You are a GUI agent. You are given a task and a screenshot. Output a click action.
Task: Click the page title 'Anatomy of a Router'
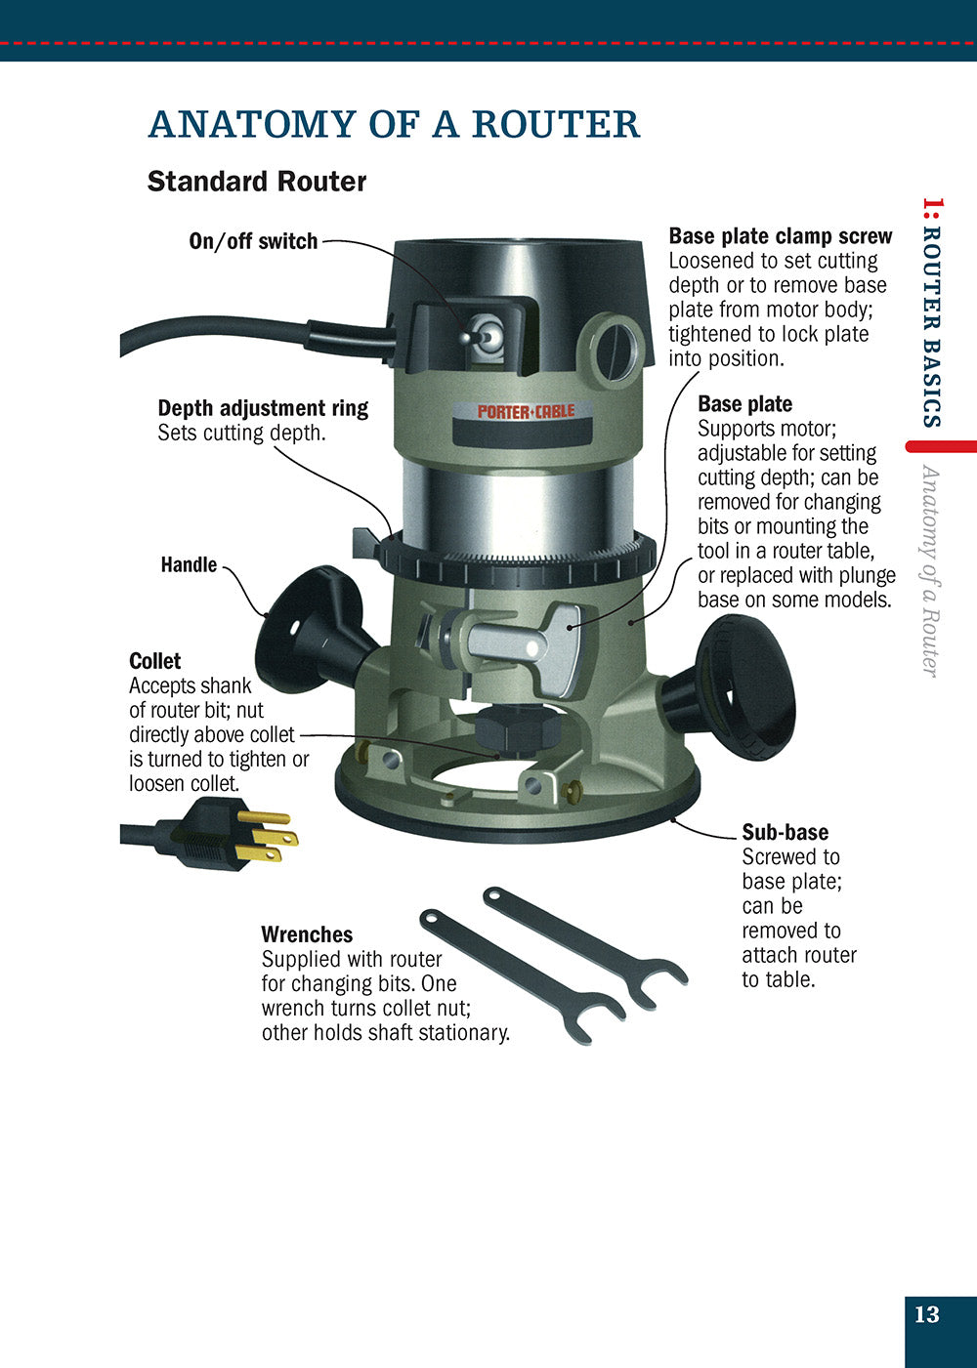point(394,125)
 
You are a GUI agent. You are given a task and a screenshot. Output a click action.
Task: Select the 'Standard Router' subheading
point(256,182)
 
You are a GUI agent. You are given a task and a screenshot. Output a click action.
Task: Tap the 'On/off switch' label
point(253,241)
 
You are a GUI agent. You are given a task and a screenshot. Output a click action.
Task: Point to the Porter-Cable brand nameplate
point(526,412)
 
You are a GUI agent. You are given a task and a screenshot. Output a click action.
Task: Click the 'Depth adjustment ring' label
point(263,408)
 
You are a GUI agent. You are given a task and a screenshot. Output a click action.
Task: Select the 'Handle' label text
point(189,564)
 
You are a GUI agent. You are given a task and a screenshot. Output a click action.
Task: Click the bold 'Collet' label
point(155,661)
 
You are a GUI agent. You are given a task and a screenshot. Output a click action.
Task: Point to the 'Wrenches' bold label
point(307,934)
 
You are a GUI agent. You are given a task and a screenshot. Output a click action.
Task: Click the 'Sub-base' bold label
point(785,832)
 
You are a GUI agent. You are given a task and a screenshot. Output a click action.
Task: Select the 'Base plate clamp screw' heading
point(780,236)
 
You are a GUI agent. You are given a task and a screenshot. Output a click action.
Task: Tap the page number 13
point(926,1314)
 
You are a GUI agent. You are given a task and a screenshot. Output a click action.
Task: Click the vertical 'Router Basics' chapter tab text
point(931,312)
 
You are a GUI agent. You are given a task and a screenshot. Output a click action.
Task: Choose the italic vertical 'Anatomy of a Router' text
point(931,571)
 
